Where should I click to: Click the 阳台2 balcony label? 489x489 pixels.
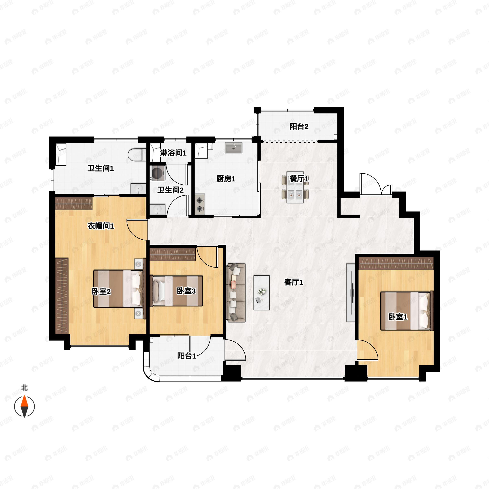tap(299, 126)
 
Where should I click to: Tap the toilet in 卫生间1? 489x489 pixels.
tap(137, 155)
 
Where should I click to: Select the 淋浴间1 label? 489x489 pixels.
tap(173, 153)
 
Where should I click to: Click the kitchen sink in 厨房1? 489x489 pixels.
tap(233, 148)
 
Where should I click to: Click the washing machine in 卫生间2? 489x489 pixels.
tap(157, 173)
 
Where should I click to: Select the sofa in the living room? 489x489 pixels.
tap(236, 292)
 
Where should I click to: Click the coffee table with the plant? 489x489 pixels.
tap(261, 293)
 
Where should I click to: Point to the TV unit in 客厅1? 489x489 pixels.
tap(350, 293)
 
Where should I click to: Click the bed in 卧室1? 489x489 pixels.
tap(406, 311)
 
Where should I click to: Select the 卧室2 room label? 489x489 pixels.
tap(101, 292)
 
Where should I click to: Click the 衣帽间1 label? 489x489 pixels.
tap(101, 226)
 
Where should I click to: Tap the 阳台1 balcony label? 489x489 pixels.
tap(187, 356)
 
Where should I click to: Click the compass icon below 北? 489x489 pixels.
tap(24, 407)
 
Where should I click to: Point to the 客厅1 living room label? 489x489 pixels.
tap(293, 282)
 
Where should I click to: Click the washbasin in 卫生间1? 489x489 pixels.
tap(138, 188)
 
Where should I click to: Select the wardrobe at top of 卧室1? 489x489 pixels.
tap(396, 263)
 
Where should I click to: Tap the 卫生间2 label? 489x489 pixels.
tap(170, 190)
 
